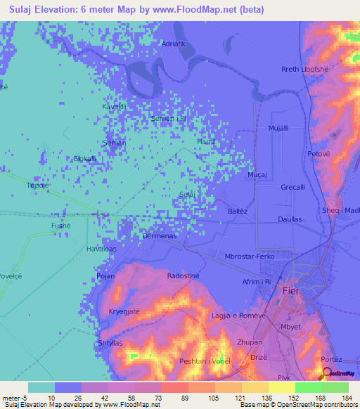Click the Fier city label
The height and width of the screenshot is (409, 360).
pos(290,290)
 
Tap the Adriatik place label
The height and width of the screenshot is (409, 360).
pos(174,44)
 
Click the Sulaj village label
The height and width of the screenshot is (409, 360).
pos(186,193)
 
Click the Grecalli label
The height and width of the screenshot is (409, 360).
pos(292,188)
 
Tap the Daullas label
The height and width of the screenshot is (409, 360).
pos(290,219)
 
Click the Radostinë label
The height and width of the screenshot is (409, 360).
pos(185,276)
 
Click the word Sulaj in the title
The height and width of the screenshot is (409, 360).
pos(25,10)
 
